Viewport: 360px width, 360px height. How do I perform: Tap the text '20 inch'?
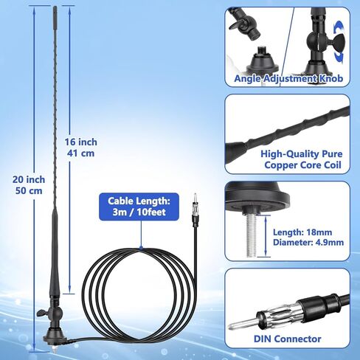(29, 179)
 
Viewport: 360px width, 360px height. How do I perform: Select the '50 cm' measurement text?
(29, 190)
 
